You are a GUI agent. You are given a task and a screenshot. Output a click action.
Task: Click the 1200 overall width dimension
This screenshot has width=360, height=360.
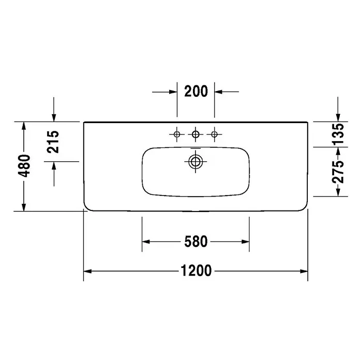point(196,271)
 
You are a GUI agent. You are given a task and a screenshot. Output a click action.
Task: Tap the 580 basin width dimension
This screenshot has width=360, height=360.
point(196,242)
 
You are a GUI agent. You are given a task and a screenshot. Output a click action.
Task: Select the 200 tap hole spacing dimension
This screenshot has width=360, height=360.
point(196,91)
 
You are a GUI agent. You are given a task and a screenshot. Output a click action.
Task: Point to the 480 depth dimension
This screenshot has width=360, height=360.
point(24,166)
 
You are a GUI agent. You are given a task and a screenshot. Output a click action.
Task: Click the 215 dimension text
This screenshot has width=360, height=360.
point(53,142)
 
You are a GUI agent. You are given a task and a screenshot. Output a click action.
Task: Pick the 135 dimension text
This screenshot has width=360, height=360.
point(338,134)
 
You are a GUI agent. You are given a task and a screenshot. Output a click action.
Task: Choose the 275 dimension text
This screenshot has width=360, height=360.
point(338,172)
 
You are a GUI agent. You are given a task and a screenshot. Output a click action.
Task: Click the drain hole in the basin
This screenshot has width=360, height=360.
point(196,161)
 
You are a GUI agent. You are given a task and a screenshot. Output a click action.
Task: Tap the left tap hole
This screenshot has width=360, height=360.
point(177,134)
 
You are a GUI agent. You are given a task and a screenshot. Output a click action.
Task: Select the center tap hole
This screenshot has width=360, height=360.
point(196,134)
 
